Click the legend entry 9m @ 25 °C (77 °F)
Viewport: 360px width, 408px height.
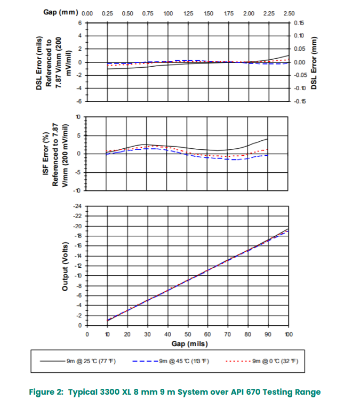point(91,361)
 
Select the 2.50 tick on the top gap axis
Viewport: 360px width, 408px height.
point(289,13)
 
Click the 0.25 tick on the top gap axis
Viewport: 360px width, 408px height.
point(107,13)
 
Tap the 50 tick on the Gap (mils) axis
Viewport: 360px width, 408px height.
point(188,334)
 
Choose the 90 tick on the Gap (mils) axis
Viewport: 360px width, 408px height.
point(268,334)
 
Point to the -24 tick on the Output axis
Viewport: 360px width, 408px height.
point(77,206)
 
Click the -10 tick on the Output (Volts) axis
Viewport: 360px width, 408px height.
point(78,276)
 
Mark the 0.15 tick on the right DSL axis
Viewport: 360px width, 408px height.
point(299,23)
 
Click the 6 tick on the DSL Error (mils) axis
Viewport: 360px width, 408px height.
point(79,23)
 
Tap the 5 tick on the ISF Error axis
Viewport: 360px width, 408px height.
point(79,135)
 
